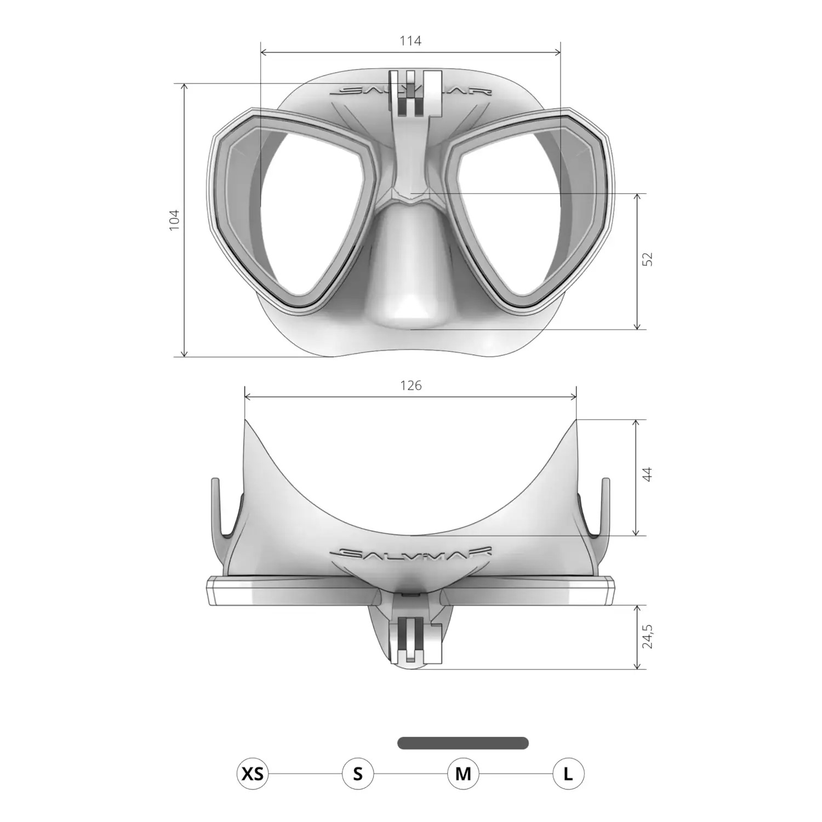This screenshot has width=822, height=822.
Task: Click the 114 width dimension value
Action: point(410,41)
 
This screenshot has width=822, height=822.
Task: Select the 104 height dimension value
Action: point(174,220)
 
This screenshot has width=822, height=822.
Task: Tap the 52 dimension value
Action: point(648,259)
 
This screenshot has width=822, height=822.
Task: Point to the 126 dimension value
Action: point(410,385)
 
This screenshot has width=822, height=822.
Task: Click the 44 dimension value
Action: point(648,474)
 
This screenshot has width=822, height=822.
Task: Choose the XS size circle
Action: point(253,774)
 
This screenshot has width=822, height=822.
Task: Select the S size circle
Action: point(358,774)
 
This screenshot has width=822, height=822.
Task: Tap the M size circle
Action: point(463,774)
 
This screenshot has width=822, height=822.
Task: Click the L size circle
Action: point(568,774)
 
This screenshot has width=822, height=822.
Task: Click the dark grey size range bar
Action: point(463,743)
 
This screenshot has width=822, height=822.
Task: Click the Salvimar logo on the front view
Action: point(411,92)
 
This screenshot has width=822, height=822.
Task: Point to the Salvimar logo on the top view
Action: point(411,553)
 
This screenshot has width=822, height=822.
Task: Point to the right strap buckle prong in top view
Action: point(606,507)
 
